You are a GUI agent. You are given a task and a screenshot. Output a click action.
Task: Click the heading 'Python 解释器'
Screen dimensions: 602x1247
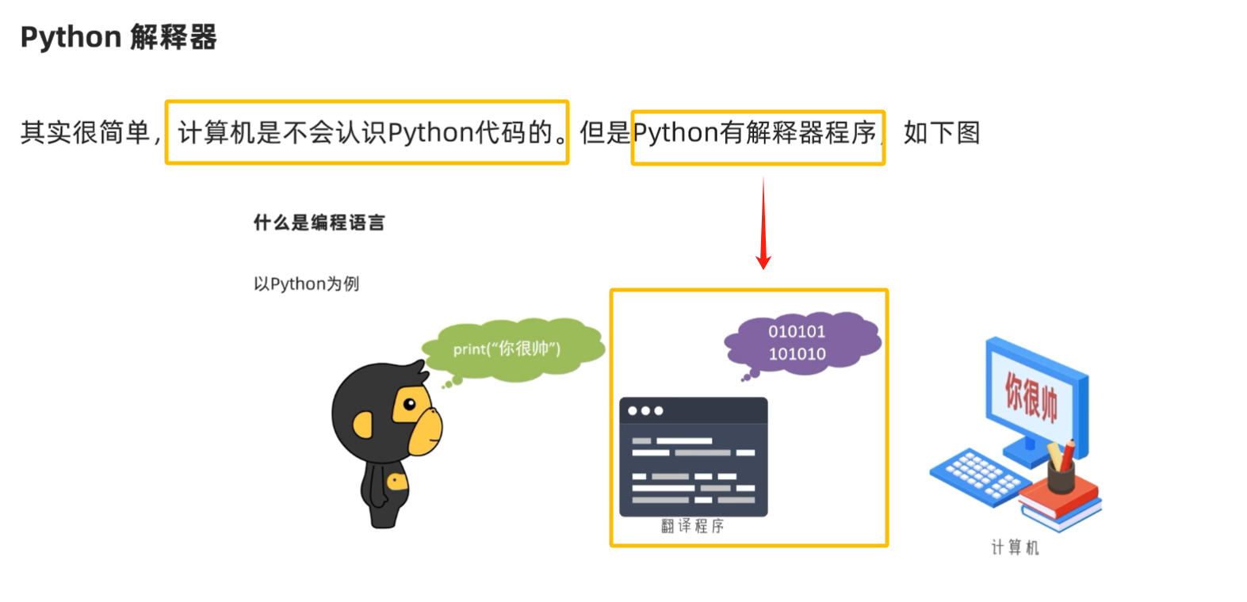tap(118, 37)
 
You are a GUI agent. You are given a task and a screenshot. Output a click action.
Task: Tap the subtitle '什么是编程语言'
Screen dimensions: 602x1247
tap(319, 223)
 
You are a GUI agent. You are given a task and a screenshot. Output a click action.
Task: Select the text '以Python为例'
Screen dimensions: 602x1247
tap(306, 284)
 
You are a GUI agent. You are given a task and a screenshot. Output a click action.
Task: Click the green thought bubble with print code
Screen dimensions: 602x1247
tap(511, 349)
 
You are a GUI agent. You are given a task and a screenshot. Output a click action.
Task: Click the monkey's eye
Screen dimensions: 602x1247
tap(410, 405)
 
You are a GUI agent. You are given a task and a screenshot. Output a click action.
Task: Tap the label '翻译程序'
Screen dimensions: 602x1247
tap(692, 526)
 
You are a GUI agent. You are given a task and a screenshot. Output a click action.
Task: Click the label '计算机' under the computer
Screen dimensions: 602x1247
tap(1015, 547)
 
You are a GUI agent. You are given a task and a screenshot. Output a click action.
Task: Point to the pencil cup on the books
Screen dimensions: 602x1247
tap(1060, 474)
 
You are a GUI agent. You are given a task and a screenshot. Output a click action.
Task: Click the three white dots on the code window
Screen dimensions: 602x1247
tap(645, 411)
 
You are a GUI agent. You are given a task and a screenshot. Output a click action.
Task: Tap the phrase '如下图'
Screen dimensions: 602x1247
tap(942, 132)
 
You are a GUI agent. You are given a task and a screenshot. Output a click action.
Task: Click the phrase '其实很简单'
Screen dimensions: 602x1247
tap(85, 132)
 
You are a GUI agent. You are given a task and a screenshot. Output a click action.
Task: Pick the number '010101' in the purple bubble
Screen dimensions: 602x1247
tap(797, 332)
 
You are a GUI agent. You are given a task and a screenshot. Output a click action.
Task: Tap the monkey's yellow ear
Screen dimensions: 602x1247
tap(363, 427)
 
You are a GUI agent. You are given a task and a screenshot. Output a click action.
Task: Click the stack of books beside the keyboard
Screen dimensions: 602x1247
tap(1061, 502)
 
